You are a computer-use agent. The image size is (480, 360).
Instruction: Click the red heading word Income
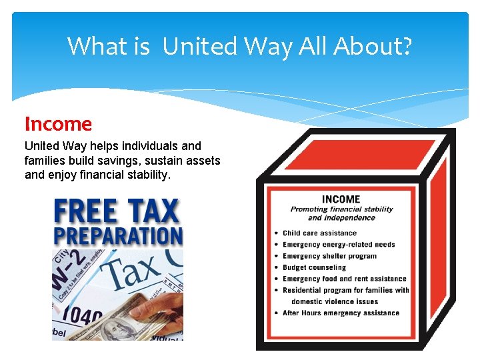58,124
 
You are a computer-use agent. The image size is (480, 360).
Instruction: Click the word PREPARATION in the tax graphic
117,236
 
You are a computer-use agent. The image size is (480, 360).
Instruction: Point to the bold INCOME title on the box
341,199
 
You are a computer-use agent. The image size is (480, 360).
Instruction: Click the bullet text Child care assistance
319,233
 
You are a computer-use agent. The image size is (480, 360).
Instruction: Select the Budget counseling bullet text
314,267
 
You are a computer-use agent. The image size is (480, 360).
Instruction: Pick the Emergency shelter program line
329,256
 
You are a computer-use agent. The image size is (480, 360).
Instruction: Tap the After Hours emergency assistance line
341,313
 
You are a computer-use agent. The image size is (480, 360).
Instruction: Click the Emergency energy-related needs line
339,245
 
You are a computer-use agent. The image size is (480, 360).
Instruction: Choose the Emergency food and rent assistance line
344,279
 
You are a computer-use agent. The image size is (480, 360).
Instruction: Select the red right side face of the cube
437,240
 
